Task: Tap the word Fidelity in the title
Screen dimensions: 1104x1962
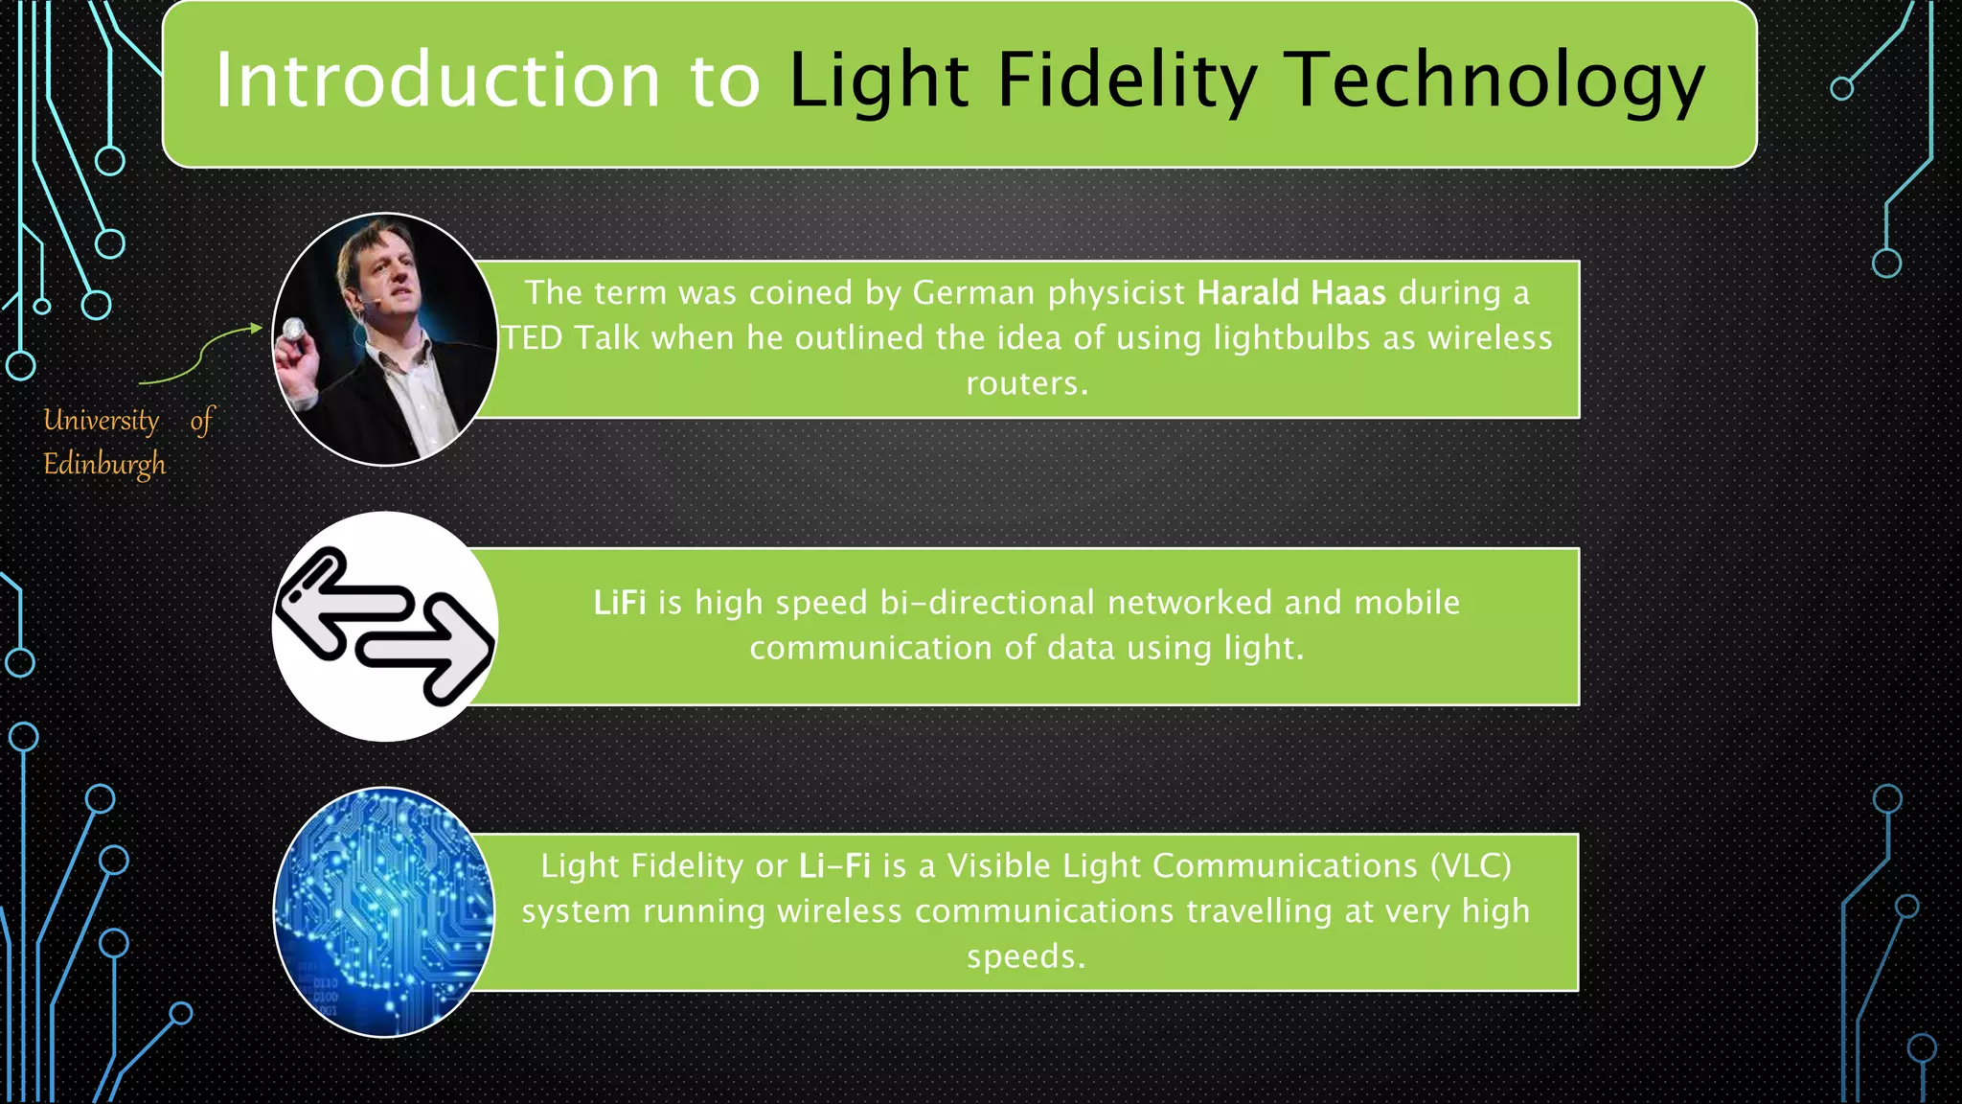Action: (1127, 80)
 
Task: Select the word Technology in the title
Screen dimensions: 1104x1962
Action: (1494, 80)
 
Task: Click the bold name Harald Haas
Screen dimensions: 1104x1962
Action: (1291, 292)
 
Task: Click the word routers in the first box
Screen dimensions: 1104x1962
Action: (1026, 383)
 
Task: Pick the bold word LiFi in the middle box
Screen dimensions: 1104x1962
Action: (619, 603)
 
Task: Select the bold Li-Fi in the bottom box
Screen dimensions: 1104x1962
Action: (834, 866)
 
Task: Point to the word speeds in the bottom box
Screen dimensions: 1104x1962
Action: (1026, 956)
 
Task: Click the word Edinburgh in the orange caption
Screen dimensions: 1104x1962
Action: (104, 465)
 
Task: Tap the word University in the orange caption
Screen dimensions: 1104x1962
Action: (102, 420)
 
